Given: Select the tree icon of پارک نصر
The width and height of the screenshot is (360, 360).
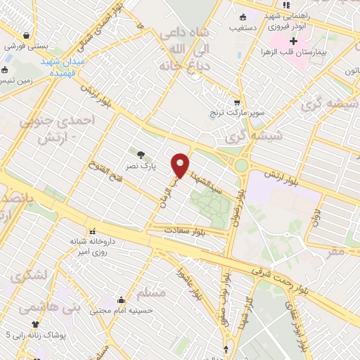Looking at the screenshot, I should click(142, 155).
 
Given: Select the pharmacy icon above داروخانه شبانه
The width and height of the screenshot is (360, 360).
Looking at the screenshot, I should click(91, 231).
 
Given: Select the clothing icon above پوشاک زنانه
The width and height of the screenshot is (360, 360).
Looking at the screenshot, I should click(35, 323).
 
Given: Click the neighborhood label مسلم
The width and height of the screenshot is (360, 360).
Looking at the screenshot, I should click(153, 293).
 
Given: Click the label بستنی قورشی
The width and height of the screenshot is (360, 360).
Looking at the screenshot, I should click(26, 46).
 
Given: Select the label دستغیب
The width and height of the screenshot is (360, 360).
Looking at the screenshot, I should click(242, 28).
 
